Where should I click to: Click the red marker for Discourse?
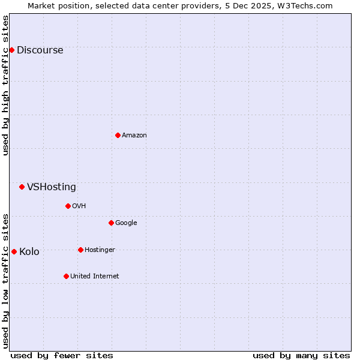(x=11, y=50)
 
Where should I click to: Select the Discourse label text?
(x=40, y=50)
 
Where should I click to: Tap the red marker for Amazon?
(x=118, y=135)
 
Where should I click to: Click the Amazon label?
(x=134, y=136)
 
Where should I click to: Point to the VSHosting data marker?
(x=22, y=187)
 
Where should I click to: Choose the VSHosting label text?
(x=52, y=187)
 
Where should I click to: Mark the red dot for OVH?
(x=68, y=206)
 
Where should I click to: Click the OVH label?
(x=79, y=206)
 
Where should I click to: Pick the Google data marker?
(x=111, y=223)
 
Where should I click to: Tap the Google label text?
(x=126, y=223)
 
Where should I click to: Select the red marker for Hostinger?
(x=80, y=250)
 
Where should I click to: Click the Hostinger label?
(x=100, y=250)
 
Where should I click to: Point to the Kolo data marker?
(x=14, y=251)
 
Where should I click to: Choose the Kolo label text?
(x=29, y=252)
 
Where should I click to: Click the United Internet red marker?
(x=66, y=276)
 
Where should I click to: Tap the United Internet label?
(x=94, y=277)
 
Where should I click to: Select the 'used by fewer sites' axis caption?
(x=62, y=355)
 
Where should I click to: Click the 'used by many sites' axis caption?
(x=301, y=355)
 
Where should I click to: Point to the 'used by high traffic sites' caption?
(x=6, y=85)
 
